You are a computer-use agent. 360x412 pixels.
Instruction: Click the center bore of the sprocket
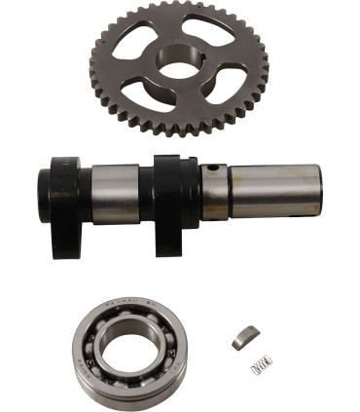tap(179, 66)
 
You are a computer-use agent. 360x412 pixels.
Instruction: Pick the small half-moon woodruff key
tap(242, 336)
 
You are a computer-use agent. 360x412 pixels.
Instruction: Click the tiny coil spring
tap(260, 366)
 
